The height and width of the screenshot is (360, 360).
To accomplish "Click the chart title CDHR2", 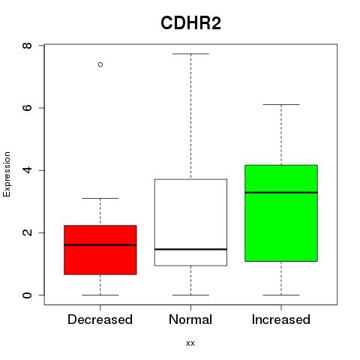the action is [x=190, y=23].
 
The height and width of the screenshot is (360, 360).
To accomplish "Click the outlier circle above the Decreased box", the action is [x=100, y=64].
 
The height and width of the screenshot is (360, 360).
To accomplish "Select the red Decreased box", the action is [x=100, y=250].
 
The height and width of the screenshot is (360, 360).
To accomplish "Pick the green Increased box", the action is [x=281, y=213].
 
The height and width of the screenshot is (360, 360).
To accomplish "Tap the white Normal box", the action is [x=190, y=223].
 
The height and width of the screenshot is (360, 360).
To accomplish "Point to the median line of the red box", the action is [x=100, y=245].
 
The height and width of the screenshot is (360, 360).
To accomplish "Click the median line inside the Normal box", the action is [x=190, y=249].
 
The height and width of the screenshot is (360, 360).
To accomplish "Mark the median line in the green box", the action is [x=281, y=193].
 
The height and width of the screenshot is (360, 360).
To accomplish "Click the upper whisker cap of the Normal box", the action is [x=190, y=54].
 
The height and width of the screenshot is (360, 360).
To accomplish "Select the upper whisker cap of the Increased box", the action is [x=281, y=104].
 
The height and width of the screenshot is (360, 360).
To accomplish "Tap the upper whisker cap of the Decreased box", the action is [x=100, y=198].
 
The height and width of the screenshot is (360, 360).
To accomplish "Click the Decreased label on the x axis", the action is [x=100, y=319].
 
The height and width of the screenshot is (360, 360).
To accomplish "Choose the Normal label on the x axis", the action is [x=190, y=319].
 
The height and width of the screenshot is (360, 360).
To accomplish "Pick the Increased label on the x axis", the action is [x=281, y=319].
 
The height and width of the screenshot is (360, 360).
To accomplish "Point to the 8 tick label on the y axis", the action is [x=27, y=46].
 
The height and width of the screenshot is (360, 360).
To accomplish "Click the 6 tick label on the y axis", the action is [x=27, y=108].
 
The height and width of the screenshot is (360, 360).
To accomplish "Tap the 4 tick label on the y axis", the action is [x=27, y=170].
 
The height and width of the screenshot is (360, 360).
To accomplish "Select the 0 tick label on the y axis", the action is [x=27, y=295].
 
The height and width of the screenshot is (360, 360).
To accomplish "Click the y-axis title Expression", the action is [x=7, y=174].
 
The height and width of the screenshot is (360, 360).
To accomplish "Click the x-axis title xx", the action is [x=190, y=343].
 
